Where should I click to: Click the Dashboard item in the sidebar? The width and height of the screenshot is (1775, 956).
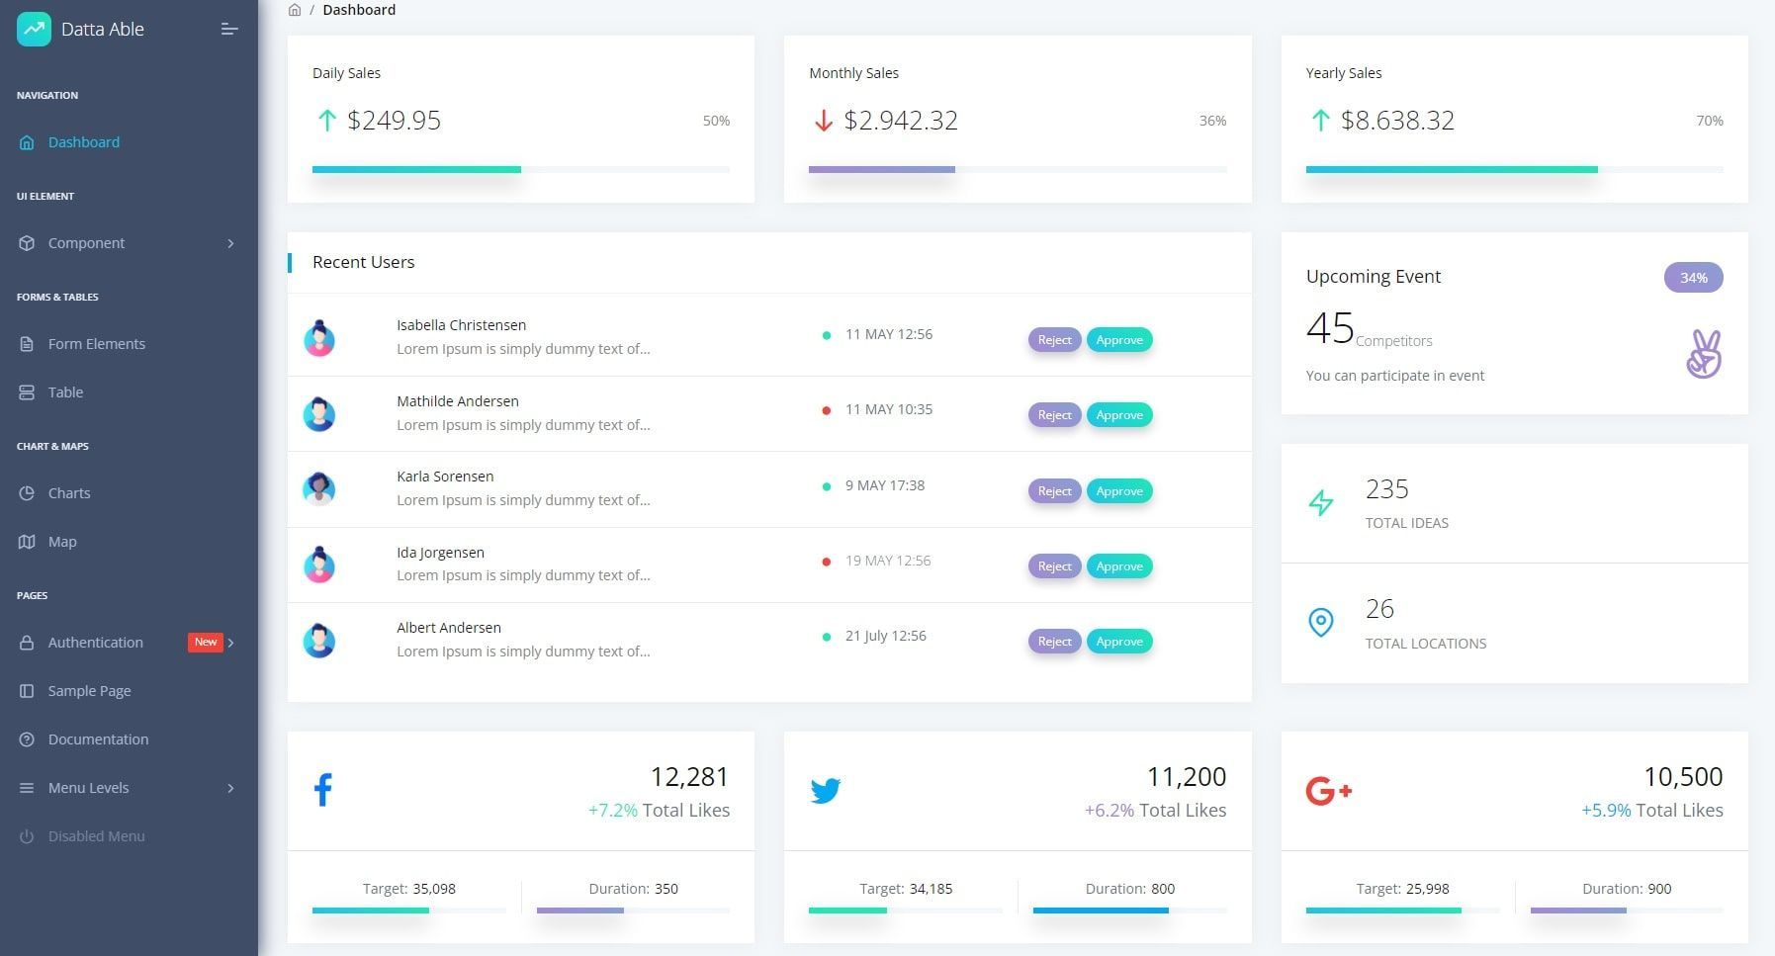(x=83, y=142)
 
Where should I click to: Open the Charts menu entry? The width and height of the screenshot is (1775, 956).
(x=68, y=493)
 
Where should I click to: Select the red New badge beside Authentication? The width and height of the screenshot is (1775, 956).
(x=205, y=643)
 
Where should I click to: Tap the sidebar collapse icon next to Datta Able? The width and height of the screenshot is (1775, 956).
(x=229, y=30)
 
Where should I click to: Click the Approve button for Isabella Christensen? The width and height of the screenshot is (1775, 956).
(x=1119, y=340)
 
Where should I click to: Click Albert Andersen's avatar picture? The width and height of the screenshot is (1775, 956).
(x=318, y=641)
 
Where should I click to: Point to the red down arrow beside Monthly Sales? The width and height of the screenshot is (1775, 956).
(x=823, y=121)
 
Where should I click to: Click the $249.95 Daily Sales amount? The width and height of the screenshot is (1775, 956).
(x=394, y=121)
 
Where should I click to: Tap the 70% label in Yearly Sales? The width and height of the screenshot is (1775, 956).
(x=1709, y=121)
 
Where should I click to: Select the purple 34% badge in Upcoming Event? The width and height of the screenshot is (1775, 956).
(x=1693, y=278)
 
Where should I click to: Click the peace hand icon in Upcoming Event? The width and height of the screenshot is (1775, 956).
(x=1704, y=354)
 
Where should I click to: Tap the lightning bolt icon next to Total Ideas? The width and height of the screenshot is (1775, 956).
(x=1321, y=503)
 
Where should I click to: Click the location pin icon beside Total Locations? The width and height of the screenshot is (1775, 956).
(x=1321, y=623)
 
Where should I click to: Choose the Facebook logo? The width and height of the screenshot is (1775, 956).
(x=323, y=790)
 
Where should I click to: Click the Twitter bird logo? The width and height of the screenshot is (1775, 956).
(x=825, y=791)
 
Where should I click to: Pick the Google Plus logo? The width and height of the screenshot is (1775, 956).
(x=1328, y=791)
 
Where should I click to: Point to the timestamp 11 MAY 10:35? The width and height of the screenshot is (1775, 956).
(x=888, y=409)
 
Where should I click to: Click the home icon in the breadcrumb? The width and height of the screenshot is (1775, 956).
(x=295, y=10)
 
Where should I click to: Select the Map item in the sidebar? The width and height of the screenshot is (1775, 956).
(x=61, y=542)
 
